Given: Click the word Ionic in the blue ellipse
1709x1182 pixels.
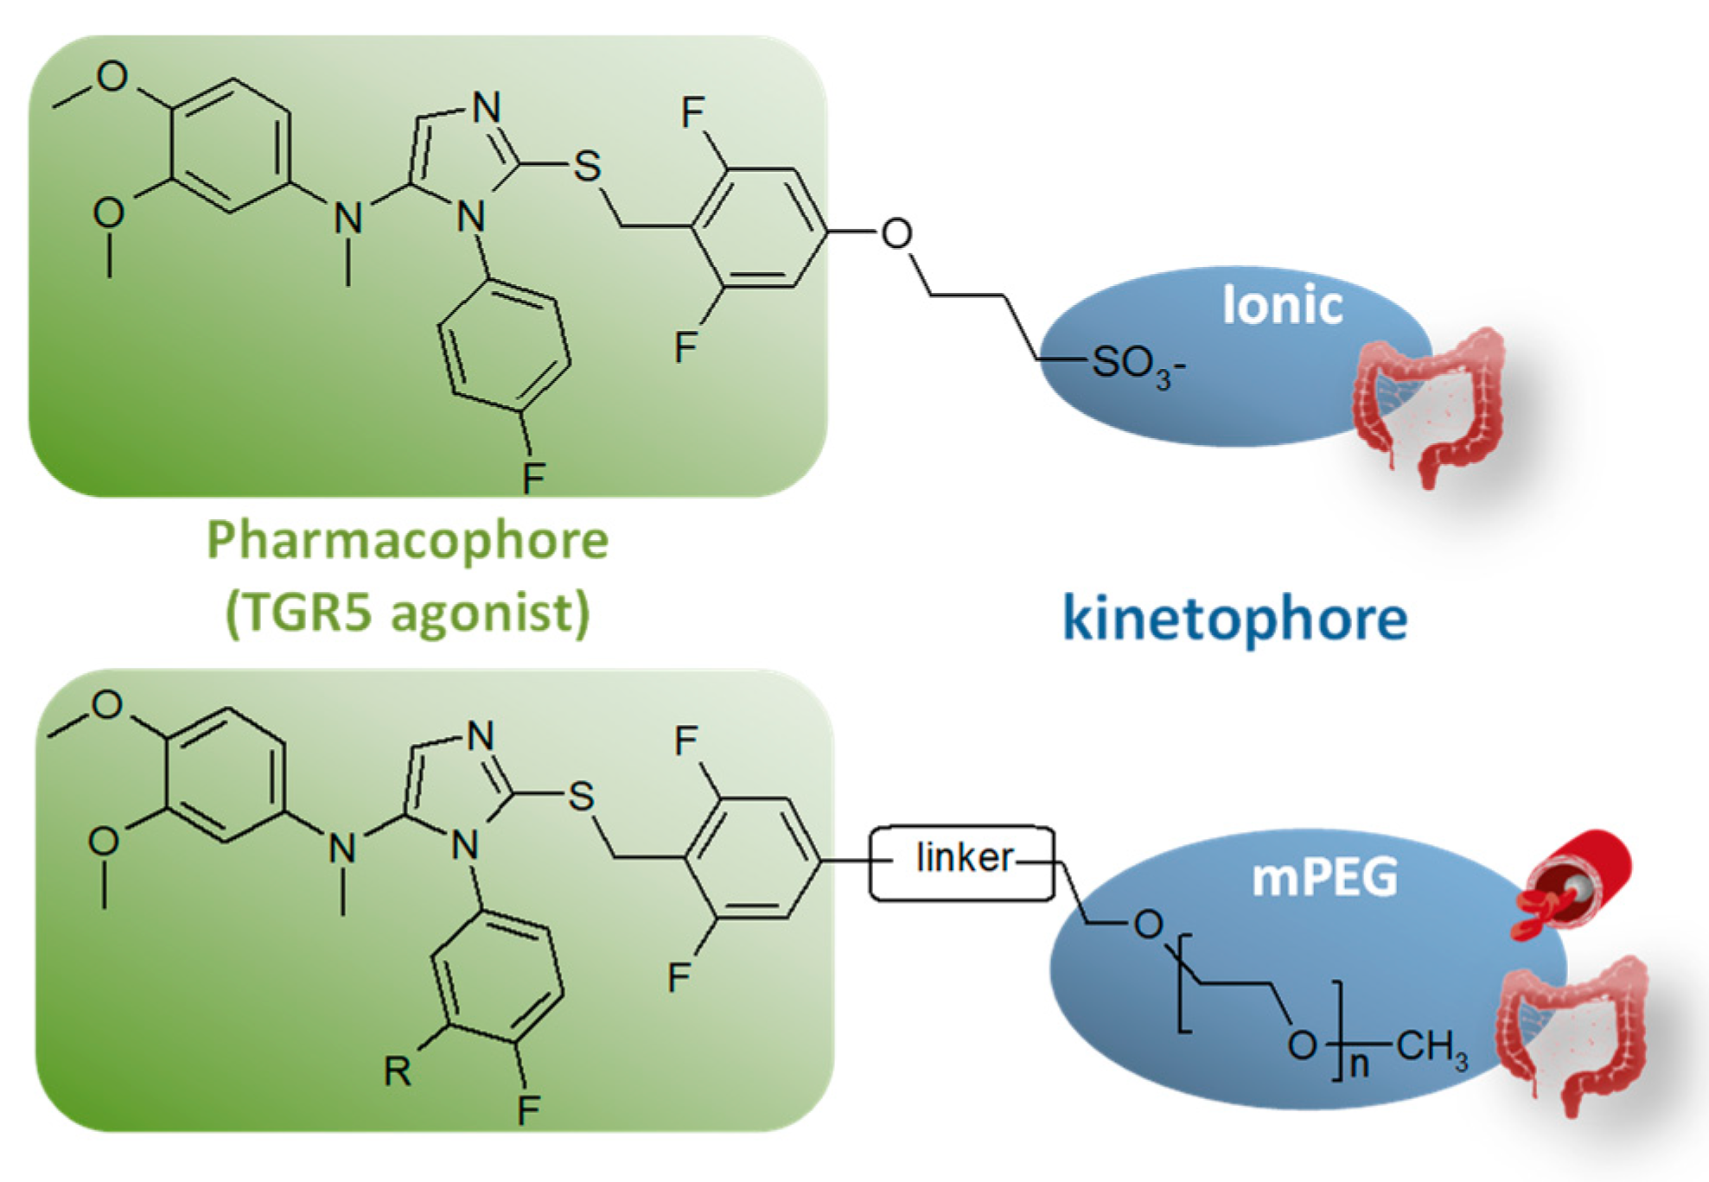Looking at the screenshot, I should pos(1282,306).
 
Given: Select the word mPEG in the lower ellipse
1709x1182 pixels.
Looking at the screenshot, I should pos(1324,878).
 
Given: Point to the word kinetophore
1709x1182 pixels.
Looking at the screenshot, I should pos(1234,619).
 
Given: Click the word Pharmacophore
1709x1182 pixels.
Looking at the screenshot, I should pos(407,541).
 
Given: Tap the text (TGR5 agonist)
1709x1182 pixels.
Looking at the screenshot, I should pos(407,613).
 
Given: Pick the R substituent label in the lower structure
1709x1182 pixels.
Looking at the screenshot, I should pos(397,1071).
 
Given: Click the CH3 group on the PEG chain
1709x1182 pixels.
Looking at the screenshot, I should pos(1432,1048).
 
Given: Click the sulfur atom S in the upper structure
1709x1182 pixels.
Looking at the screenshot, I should pos(588,166).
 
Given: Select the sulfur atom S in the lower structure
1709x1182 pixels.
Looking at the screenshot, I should pos(582,796).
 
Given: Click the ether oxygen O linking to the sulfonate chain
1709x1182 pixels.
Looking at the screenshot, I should pos(896,233).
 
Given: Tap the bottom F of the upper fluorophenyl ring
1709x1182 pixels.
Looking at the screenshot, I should pos(533,477).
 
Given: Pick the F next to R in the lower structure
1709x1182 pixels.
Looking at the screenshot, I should pos(528,1109).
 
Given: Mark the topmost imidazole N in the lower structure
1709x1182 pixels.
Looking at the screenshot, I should pos(481,736).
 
